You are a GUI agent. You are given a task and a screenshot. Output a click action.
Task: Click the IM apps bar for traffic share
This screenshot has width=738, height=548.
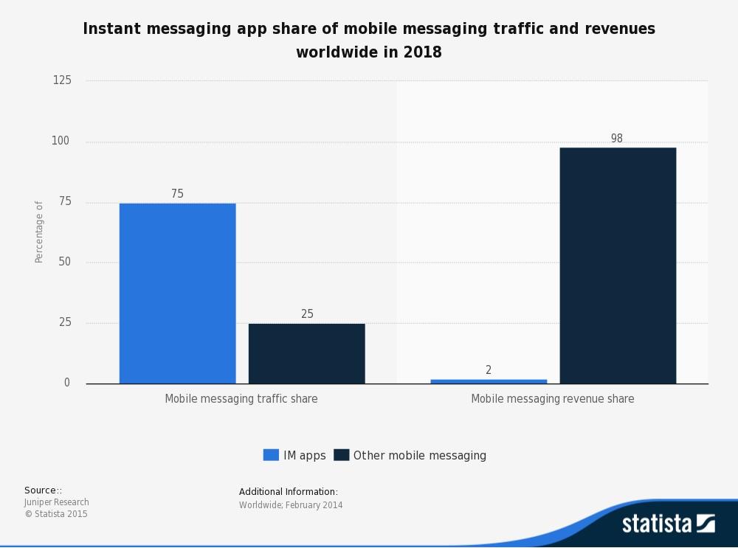[x=177, y=294]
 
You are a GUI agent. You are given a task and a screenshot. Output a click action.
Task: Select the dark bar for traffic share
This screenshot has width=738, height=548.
[x=306, y=353]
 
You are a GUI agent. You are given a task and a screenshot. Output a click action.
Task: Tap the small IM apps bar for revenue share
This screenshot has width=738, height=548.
[x=489, y=381]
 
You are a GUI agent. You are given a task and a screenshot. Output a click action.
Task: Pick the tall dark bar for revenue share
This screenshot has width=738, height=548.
[x=618, y=266]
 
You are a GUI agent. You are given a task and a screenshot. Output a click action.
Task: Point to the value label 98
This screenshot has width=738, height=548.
[x=617, y=139]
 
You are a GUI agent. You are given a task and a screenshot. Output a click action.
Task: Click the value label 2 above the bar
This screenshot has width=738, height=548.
[x=489, y=370]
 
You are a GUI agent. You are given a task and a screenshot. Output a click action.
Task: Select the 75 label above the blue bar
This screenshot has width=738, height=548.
[x=177, y=194]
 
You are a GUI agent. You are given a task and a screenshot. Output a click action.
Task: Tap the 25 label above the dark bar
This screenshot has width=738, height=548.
[x=307, y=314]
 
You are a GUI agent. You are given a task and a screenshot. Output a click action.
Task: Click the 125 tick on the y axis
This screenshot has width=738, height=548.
[x=62, y=80]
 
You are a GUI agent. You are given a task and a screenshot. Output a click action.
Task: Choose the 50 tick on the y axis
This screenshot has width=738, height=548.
[x=64, y=262]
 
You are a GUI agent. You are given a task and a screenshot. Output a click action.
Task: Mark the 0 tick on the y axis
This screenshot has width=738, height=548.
[x=67, y=383]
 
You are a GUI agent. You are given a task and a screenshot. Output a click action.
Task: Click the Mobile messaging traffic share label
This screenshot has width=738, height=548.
[x=241, y=399]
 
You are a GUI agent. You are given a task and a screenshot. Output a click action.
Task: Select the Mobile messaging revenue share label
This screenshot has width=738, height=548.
[x=553, y=399]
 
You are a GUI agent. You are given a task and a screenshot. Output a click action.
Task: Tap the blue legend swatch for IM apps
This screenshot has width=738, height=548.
[x=271, y=455]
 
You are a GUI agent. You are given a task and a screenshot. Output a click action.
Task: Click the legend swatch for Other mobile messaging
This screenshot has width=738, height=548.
[x=341, y=455]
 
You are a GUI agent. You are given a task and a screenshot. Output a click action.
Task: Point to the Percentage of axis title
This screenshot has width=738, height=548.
[x=39, y=232]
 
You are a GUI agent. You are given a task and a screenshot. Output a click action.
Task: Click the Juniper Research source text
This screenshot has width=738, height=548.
[x=56, y=502]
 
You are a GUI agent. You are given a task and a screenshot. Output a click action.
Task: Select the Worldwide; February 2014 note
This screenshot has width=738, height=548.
[x=291, y=505]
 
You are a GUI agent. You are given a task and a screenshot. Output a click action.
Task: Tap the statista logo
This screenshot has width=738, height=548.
[x=668, y=524]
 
